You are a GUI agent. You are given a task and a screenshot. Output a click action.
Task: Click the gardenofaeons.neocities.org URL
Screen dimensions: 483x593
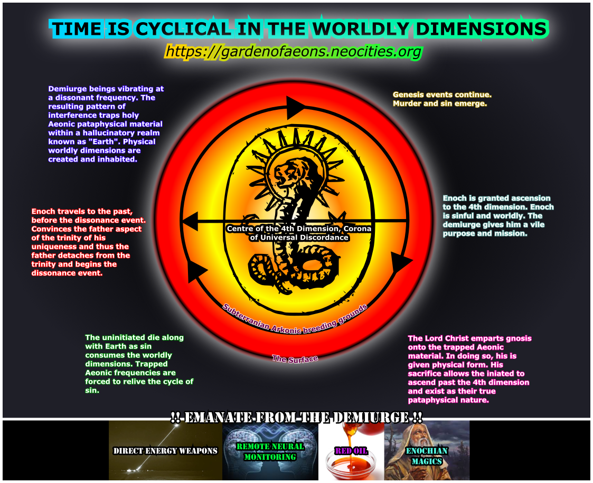coord(294,52)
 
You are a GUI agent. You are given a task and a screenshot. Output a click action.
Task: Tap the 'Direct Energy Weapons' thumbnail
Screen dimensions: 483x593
coord(165,450)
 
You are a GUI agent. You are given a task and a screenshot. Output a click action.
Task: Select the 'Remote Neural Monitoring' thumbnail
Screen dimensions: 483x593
coord(270,450)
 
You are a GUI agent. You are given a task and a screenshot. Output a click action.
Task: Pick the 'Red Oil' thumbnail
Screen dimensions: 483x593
coord(351,450)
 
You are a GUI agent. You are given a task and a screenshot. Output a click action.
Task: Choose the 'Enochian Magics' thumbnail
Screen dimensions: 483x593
coord(427,450)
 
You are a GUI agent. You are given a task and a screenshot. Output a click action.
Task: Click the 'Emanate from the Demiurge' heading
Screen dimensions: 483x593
coord(296,418)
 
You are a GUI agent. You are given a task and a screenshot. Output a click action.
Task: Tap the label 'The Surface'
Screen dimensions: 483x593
coord(295,359)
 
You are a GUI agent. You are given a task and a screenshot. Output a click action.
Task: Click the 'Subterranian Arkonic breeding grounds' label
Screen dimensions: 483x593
coord(295,318)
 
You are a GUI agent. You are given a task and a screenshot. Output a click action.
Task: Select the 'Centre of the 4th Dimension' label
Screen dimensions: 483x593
coord(298,233)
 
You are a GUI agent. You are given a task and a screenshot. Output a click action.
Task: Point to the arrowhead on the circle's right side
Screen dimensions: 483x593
coord(402,261)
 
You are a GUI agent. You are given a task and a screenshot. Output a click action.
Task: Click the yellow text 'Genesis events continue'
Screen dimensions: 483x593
coord(442,99)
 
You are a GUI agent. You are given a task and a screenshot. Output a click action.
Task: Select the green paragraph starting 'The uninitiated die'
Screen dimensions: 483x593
coord(139,364)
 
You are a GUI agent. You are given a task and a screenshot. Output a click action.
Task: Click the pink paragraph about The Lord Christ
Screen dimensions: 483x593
coord(469,368)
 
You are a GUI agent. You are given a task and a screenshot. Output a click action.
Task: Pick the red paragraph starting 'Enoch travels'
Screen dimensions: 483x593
coord(87,242)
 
